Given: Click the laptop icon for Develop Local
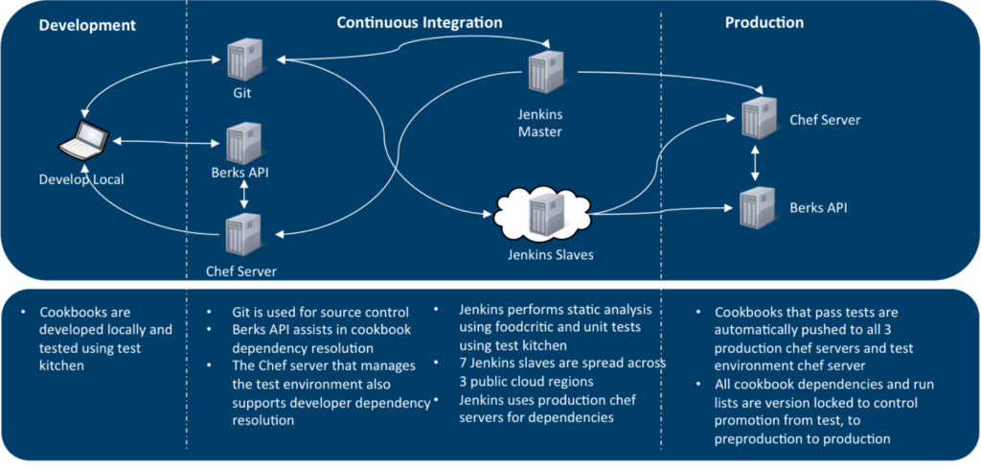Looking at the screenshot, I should pyautogui.click(x=80, y=142).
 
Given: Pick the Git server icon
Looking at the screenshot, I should pyautogui.click(x=241, y=59).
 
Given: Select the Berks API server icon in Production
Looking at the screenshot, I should pyautogui.click(x=756, y=206).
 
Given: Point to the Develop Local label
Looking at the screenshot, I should pyautogui.click(x=81, y=178).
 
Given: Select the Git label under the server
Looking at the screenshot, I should pyautogui.click(x=242, y=95).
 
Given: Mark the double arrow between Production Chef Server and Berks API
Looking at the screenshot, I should pyautogui.click(x=756, y=163).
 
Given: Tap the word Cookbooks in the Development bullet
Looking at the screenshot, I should pyautogui.click(x=71, y=312).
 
